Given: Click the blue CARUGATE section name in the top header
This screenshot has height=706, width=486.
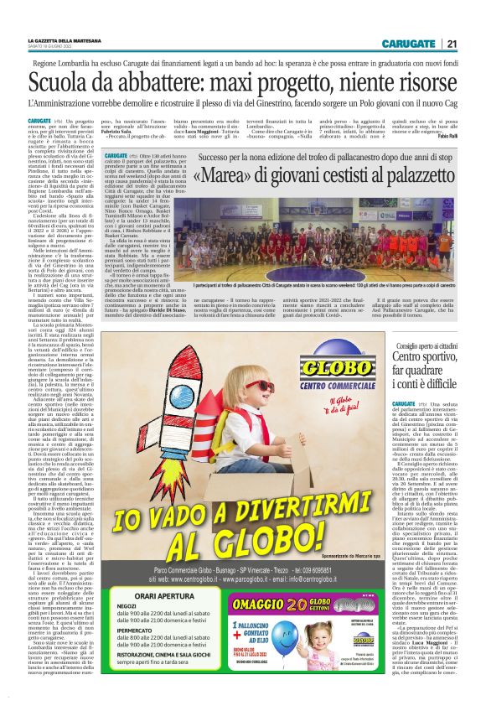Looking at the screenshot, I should (x=409, y=44).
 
